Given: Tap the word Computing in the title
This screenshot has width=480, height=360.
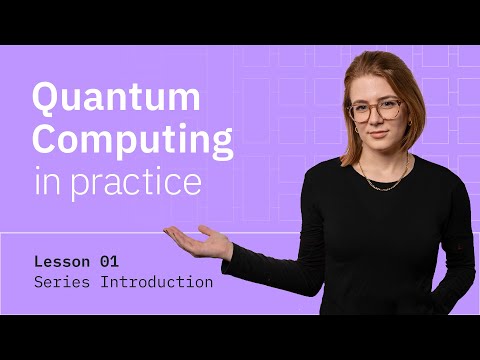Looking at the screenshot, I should (133, 141).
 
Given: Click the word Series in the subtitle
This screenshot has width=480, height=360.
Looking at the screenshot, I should (61, 282).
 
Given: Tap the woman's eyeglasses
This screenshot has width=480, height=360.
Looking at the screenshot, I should (375, 110).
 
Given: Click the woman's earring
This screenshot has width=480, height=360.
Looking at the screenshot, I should (354, 130).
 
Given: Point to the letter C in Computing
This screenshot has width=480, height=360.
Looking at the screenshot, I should (46, 141).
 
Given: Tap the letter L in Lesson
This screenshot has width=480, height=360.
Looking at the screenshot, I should (38, 261).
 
